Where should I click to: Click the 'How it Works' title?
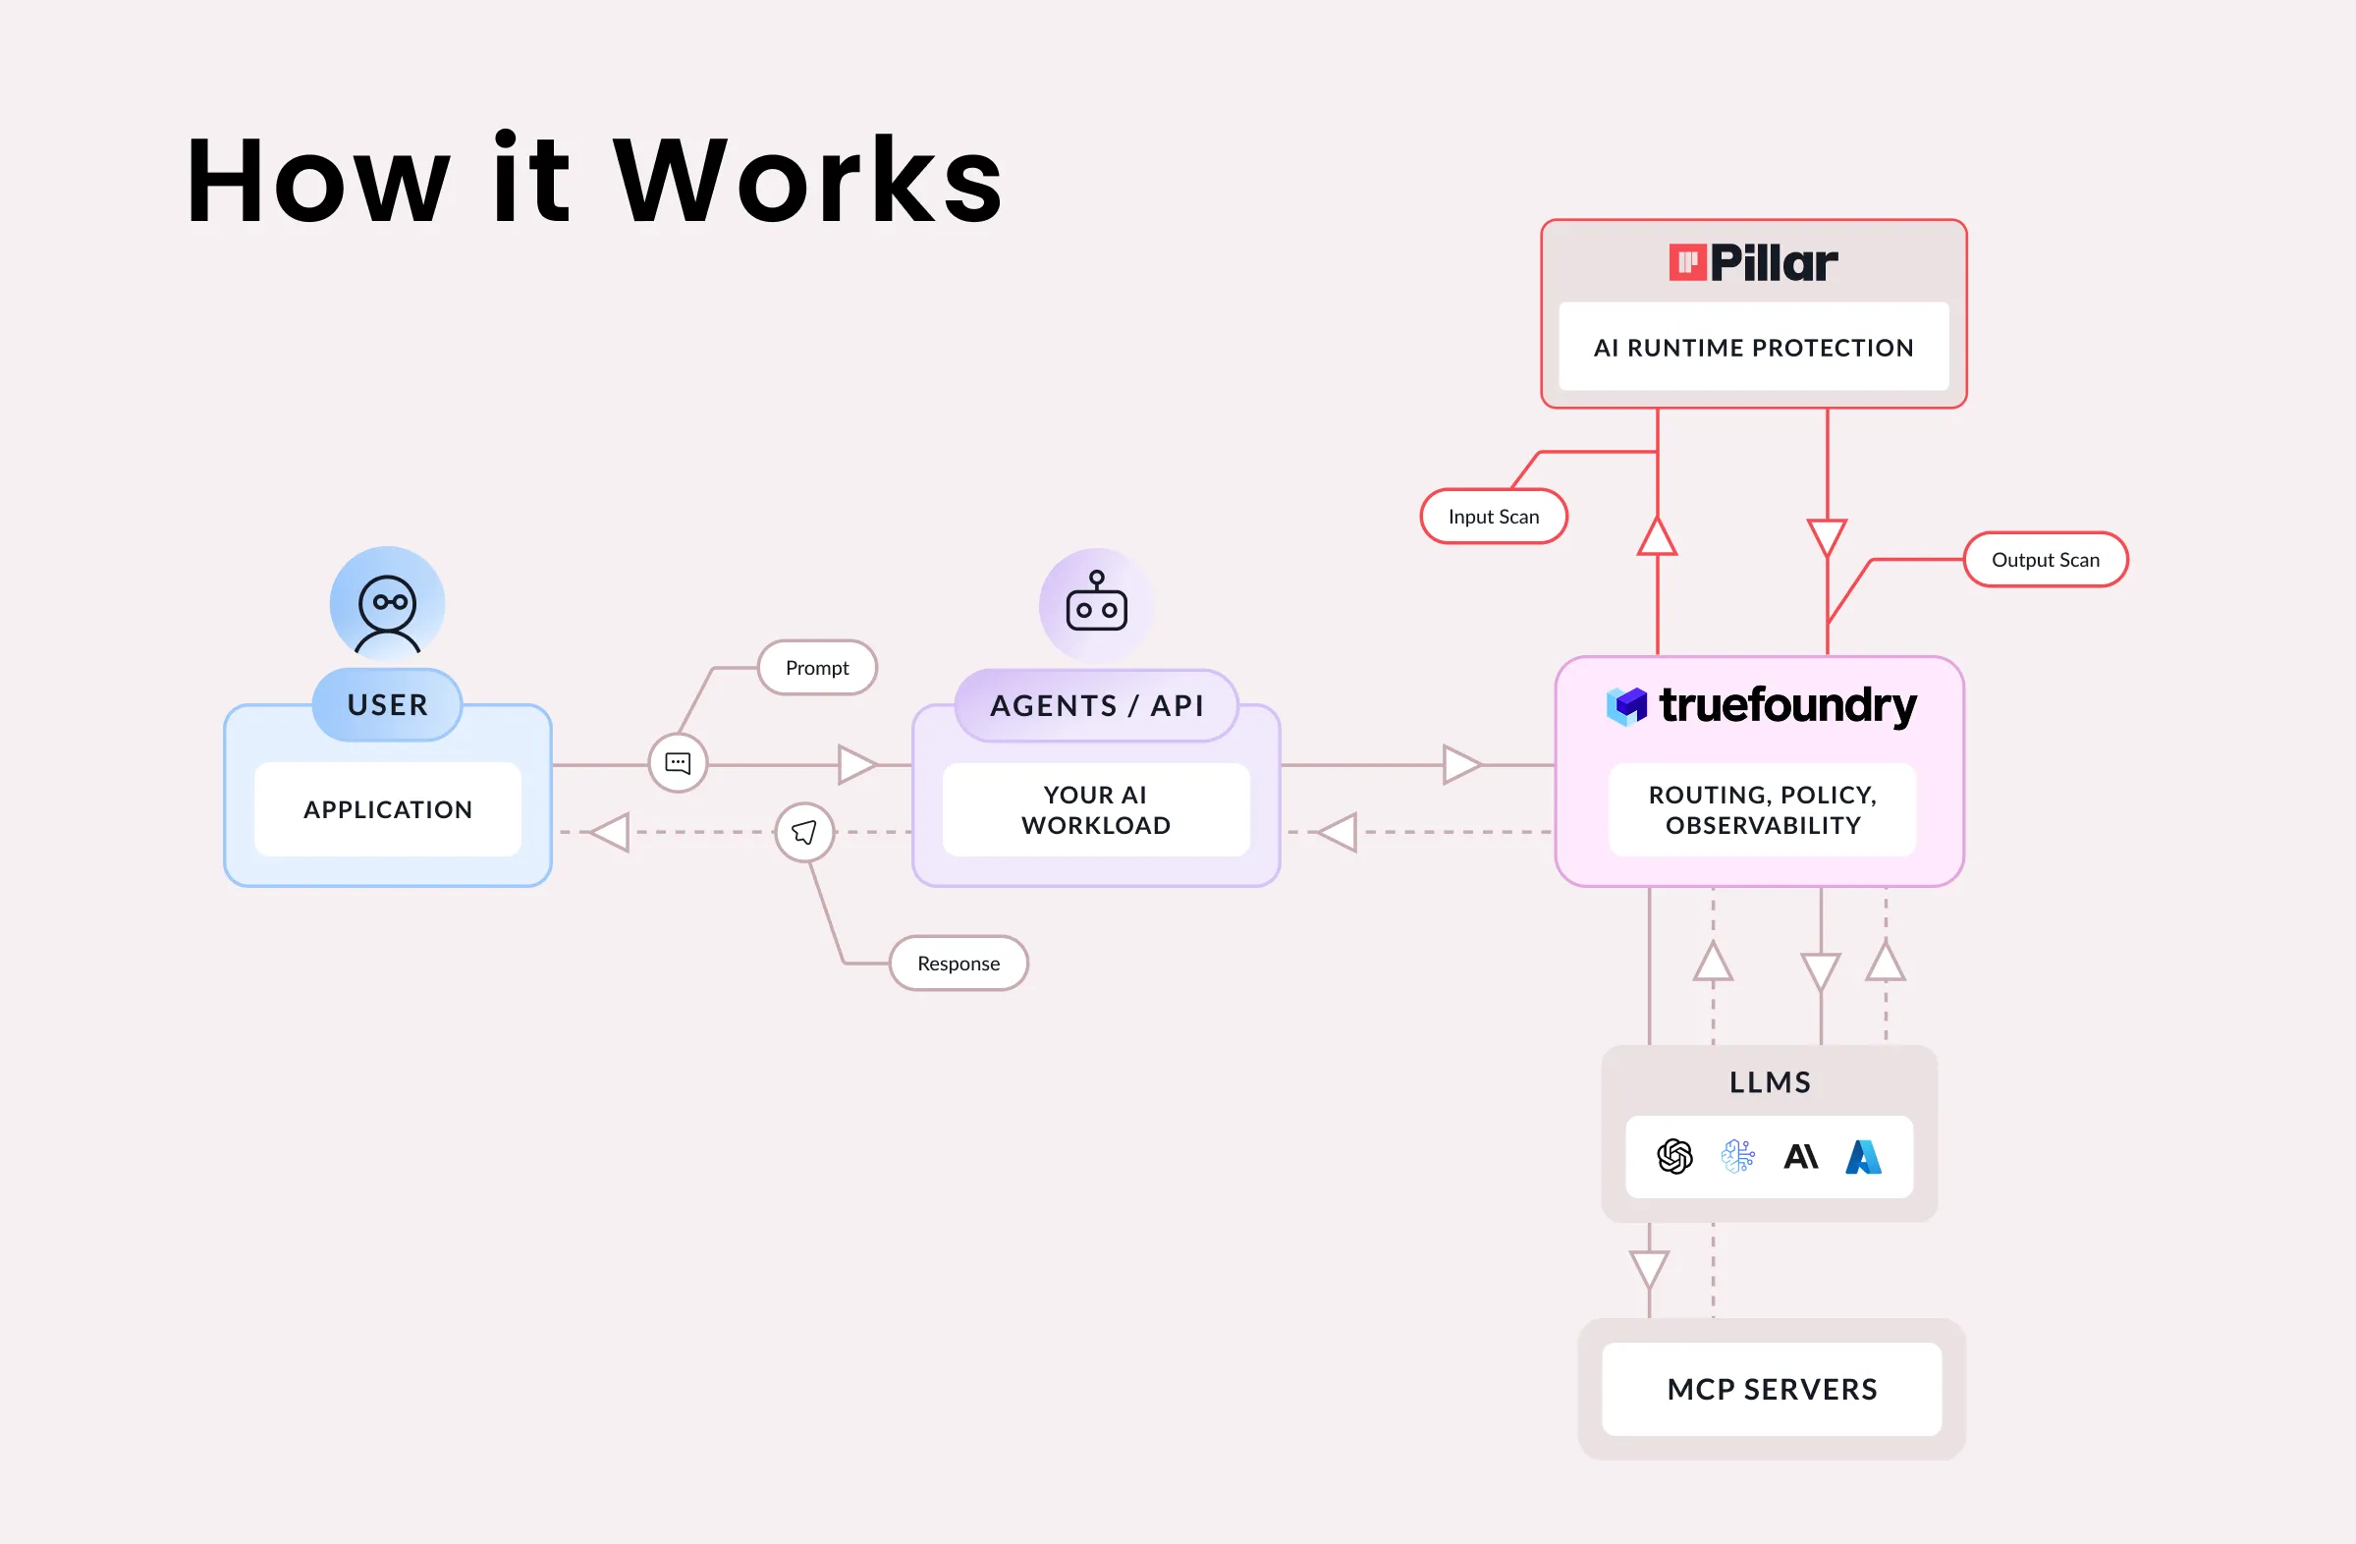[594, 180]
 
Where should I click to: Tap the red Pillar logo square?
[1687, 262]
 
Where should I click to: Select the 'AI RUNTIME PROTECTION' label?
[1753, 348]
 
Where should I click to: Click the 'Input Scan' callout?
[1494, 517]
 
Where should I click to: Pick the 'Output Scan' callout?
[2045, 560]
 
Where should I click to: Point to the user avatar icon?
[387, 604]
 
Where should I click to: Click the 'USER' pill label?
[387, 704]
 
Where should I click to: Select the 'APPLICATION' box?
[387, 809]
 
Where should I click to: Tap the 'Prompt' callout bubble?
[817, 668]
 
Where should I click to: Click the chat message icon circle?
[678, 763]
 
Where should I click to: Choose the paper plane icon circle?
[804, 832]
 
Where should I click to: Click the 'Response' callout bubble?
[959, 964]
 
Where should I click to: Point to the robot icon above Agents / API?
[1097, 604]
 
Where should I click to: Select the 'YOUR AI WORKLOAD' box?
[1096, 809]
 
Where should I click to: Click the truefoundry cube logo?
[1626, 705]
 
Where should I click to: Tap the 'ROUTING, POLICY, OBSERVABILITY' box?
[1762, 809]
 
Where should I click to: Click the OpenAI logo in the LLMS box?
[1675, 1156]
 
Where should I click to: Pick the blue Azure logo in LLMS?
[1863, 1156]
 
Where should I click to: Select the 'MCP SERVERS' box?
[1772, 1390]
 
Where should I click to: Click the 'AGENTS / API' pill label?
[1097, 705]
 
